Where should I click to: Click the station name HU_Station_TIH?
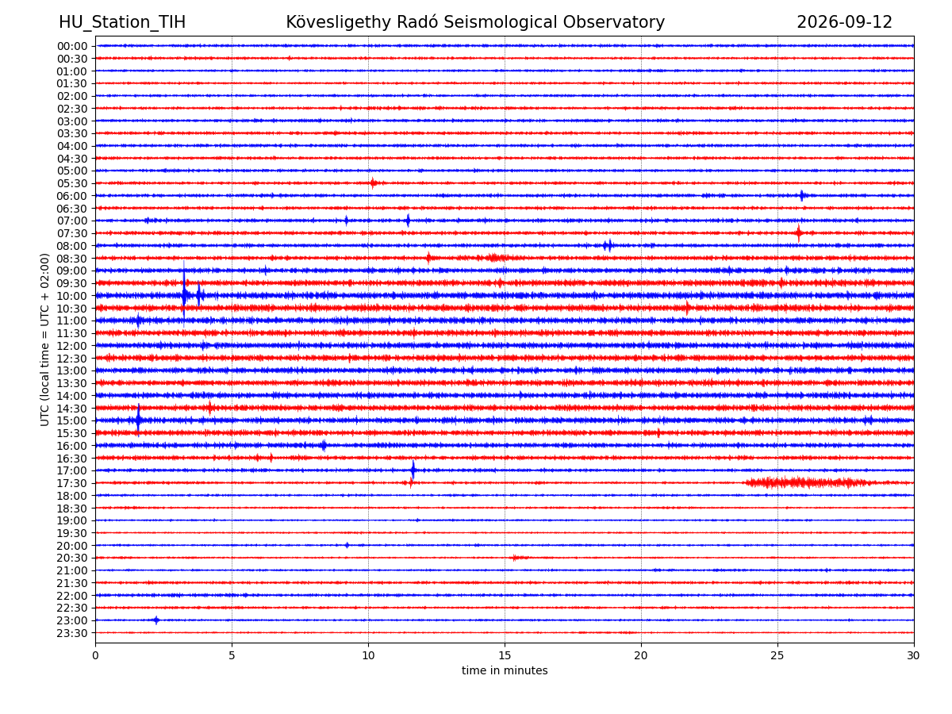click(x=122, y=22)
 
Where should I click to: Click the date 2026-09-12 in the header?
click(x=843, y=22)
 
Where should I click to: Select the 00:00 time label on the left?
click(x=72, y=46)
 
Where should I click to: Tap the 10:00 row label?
click(x=72, y=296)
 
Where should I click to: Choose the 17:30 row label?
click(x=72, y=482)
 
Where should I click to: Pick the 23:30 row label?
click(x=72, y=632)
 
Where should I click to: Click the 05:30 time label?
click(x=72, y=183)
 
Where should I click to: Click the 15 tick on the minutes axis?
click(x=504, y=654)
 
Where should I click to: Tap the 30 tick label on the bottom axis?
click(x=913, y=654)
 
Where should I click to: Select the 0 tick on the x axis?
click(x=95, y=654)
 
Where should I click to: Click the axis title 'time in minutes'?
click(x=504, y=670)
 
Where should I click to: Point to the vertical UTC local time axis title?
click(x=44, y=340)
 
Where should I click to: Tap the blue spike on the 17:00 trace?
click(x=413, y=470)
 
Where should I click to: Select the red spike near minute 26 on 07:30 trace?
click(x=798, y=233)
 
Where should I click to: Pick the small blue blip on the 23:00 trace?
click(x=156, y=620)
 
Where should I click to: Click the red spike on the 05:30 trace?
click(x=372, y=183)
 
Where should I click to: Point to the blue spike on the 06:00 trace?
click(x=801, y=195)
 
